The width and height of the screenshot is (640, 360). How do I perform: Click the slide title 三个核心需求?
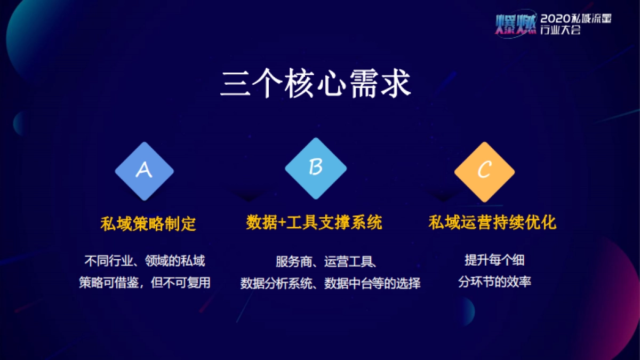click(x=316, y=84)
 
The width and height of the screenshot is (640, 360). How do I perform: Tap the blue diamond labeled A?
click(x=144, y=171)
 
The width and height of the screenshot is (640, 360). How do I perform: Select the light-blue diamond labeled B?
click(x=316, y=168)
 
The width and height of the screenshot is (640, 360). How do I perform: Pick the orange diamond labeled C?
click(x=484, y=171)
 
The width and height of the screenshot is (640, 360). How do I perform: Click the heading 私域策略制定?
click(x=148, y=223)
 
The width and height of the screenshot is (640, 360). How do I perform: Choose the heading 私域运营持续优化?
click(x=492, y=222)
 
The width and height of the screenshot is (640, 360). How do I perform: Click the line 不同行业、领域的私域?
click(x=145, y=261)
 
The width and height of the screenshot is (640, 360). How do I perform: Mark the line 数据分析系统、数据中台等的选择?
click(x=330, y=283)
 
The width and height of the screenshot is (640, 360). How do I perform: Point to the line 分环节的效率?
click(x=494, y=282)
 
